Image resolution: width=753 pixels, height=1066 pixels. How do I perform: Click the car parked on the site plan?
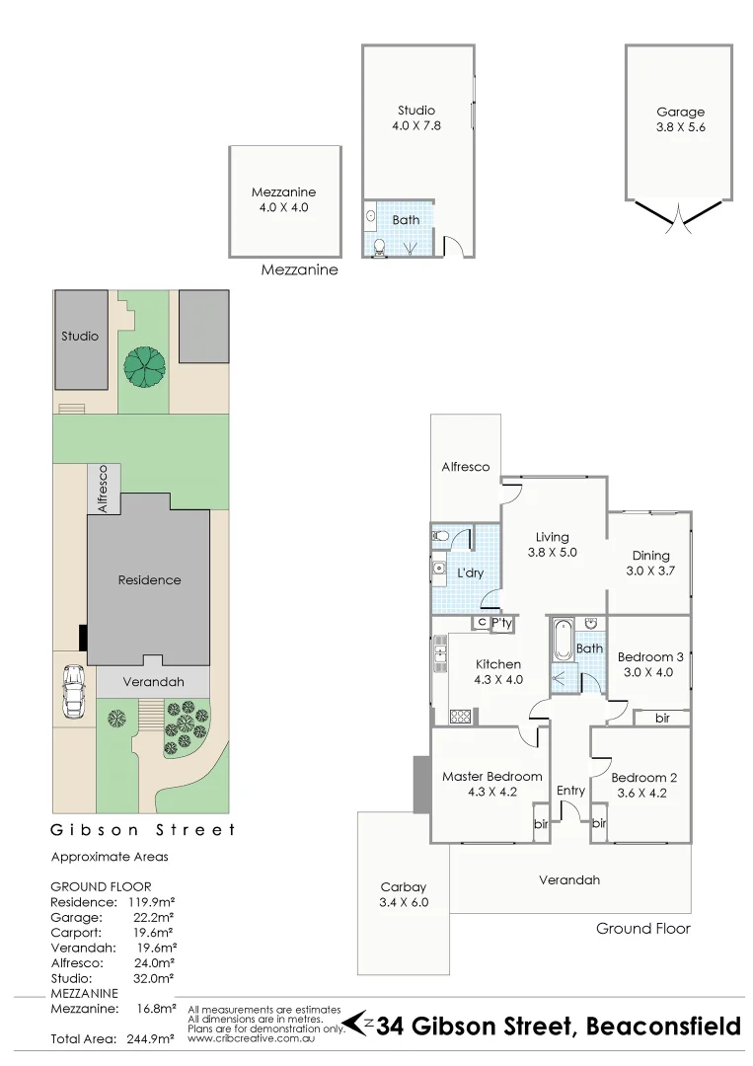pyautogui.click(x=73, y=692)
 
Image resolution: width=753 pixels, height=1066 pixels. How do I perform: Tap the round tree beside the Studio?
pyautogui.click(x=145, y=366)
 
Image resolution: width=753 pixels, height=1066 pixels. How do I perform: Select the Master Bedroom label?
pyautogui.click(x=491, y=776)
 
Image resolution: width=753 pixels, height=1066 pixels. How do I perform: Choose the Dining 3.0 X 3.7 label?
pyautogui.click(x=650, y=563)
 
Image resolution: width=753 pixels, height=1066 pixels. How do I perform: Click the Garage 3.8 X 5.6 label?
pyautogui.click(x=681, y=119)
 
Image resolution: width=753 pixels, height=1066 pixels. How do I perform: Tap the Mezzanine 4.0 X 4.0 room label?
pyautogui.click(x=284, y=199)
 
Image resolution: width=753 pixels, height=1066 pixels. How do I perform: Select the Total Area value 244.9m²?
pyautogui.click(x=148, y=1039)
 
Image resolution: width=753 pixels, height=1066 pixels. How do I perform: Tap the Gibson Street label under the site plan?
pyautogui.click(x=143, y=830)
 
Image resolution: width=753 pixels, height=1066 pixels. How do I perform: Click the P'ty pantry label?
pyautogui.click(x=501, y=623)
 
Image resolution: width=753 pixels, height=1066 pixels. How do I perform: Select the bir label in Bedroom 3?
pyautogui.click(x=662, y=719)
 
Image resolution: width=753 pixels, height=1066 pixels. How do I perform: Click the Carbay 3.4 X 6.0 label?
pyautogui.click(x=405, y=893)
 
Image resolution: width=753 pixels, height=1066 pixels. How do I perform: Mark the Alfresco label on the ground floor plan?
pyautogui.click(x=465, y=466)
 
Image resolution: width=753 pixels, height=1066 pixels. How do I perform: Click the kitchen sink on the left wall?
pyautogui.click(x=440, y=649)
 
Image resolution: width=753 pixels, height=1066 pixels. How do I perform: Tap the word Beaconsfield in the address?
pyautogui.click(x=663, y=1027)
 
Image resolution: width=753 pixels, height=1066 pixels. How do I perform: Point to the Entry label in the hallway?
pyautogui.click(x=570, y=790)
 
